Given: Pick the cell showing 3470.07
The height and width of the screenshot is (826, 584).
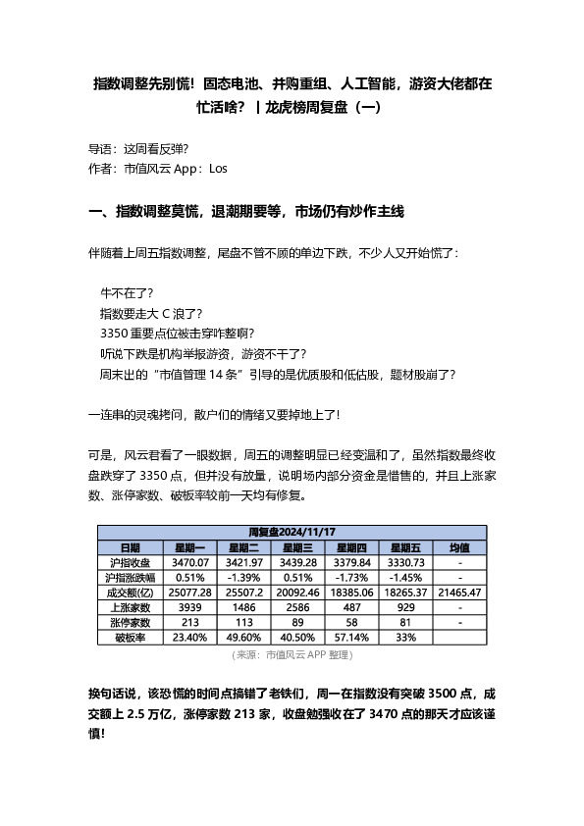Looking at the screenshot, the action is click(x=190, y=562).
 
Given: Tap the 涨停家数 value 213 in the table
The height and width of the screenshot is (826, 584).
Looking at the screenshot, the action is click(x=190, y=622).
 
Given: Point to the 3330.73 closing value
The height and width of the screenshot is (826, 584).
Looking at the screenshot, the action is click(x=405, y=562).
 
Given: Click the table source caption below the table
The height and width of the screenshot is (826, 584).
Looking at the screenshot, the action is click(x=291, y=654).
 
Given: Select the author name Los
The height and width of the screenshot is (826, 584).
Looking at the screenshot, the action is click(x=219, y=168).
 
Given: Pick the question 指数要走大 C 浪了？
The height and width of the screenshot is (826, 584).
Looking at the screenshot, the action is click(x=150, y=314).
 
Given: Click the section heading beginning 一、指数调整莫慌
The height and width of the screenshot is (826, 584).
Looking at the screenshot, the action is click(x=246, y=211).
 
